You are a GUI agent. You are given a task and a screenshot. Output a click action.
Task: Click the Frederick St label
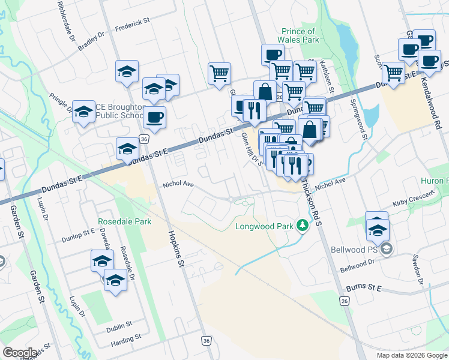pos(131,22)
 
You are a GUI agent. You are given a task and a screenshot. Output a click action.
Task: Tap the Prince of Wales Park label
pos(298,35)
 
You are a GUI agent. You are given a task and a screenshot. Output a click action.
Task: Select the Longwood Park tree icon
pos(303,226)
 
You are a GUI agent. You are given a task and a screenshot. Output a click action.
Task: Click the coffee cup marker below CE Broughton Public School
pos(154,116)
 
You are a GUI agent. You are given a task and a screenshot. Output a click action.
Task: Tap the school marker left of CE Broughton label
pos(83,111)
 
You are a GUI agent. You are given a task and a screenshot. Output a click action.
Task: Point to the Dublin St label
pos(119,325)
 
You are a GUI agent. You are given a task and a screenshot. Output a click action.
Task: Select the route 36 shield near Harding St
pos(206,340)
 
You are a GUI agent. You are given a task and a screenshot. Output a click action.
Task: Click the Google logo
pos(19,352)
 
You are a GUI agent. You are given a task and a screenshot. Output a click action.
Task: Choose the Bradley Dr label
pos(91,43)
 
